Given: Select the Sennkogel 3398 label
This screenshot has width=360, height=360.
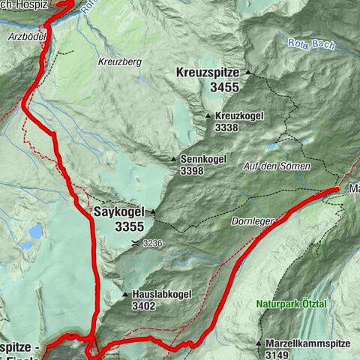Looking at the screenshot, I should (x=201, y=165).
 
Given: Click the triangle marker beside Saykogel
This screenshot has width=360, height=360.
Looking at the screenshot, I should (x=153, y=212).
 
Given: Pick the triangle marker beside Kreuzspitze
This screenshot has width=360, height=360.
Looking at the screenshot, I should (x=246, y=73).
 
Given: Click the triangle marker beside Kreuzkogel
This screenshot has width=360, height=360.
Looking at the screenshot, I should (x=208, y=116).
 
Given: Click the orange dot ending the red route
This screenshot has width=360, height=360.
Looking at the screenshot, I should (x=337, y=189).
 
